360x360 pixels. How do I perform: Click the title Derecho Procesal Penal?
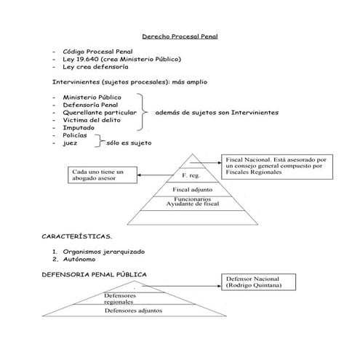(x=179, y=35)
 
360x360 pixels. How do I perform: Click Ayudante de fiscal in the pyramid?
(x=193, y=204)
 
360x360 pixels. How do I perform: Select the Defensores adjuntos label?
(x=133, y=311)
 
